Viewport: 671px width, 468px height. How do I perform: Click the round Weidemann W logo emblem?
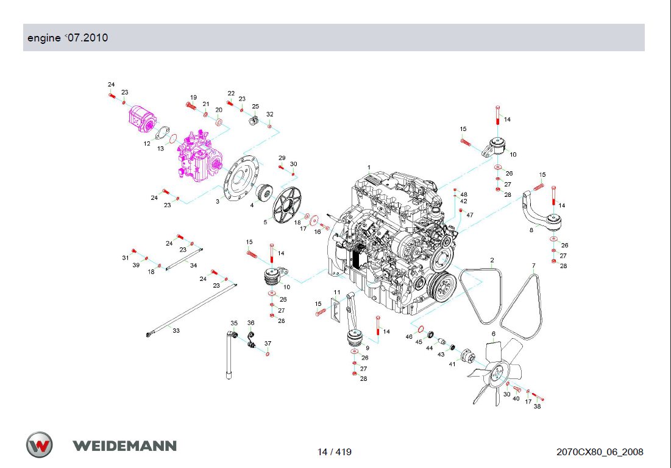point(40,445)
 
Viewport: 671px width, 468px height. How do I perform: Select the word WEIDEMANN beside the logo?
point(124,445)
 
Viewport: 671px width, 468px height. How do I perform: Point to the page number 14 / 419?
point(334,452)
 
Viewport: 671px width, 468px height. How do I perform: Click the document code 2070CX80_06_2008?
point(600,452)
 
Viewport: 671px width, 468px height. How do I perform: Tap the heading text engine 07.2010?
point(68,38)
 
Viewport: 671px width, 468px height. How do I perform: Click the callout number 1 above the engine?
point(369,168)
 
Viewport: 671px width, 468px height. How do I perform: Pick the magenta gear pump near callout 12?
point(143,118)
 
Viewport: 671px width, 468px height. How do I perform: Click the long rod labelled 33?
point(191,310)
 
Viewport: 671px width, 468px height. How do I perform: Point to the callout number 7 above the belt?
point(534,266)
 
